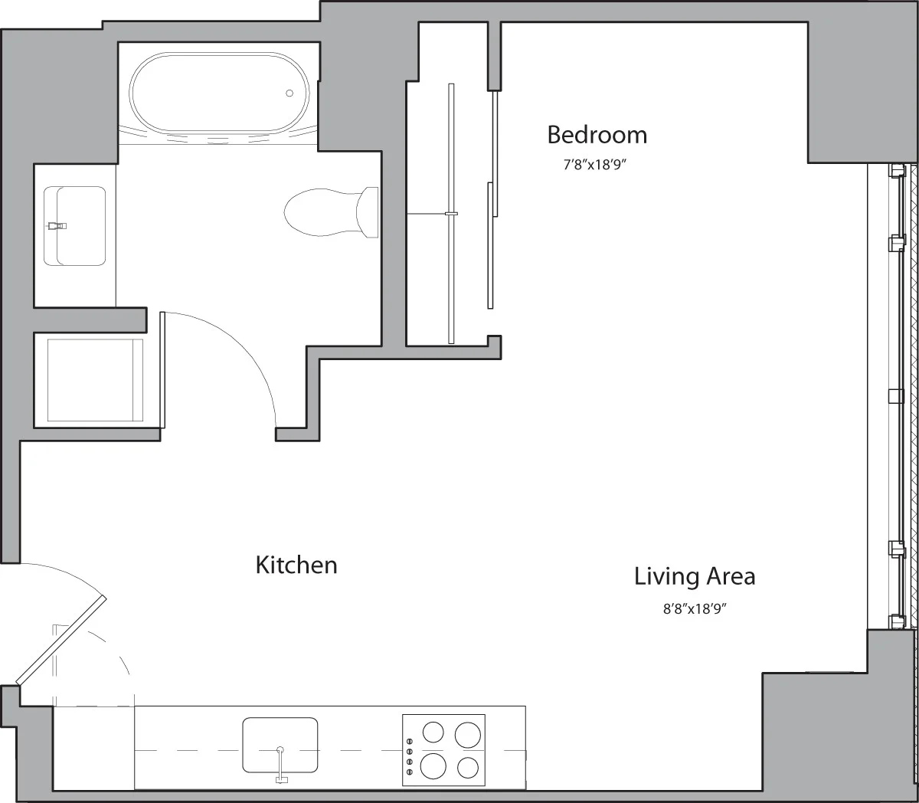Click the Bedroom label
[x=597, y=135]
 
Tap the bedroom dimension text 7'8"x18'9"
[x=596, y=164]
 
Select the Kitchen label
[x=296, y=565]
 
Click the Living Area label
[x=694, y=576]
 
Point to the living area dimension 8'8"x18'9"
[x=694, y=610]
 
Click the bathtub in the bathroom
[x=219, y=94]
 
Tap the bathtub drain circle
[x=289, y=93]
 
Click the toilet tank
[x=368, y=212]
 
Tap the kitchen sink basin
[x=280, y=744]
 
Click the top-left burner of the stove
[x=433, y=733]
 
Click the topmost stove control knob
[x=409, y=741]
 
